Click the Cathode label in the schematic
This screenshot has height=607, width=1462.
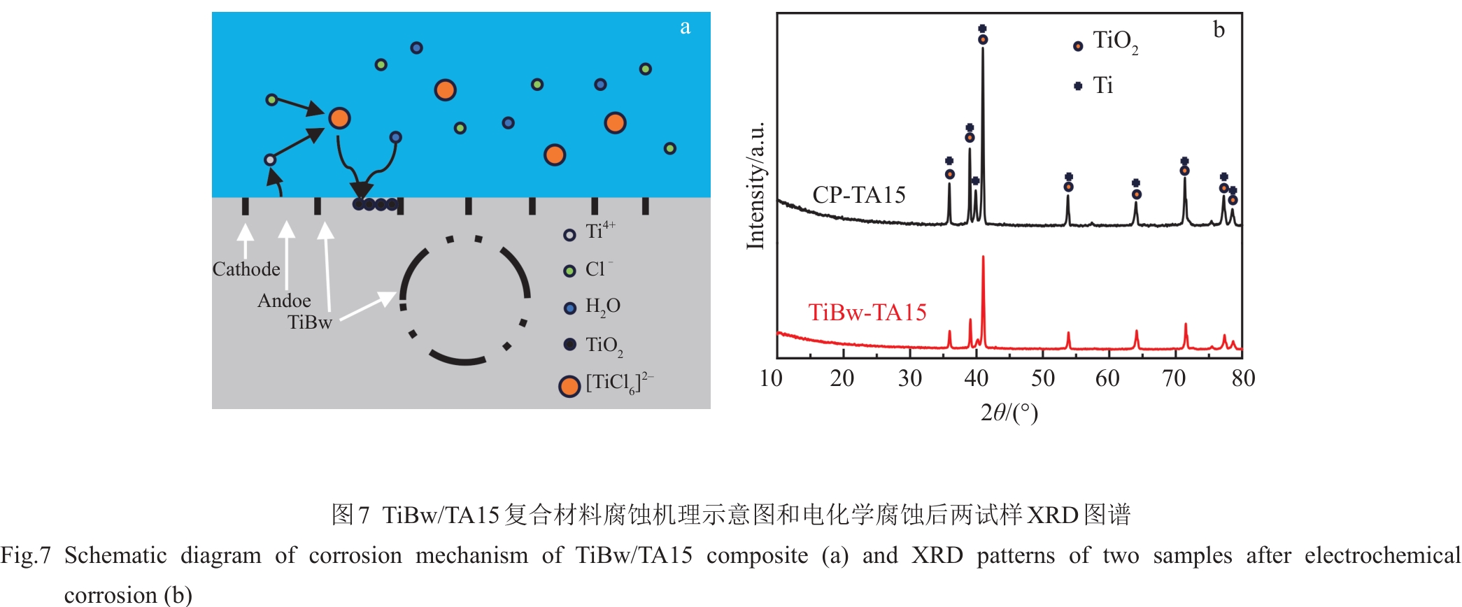pyautogui.click(x=246, y=269)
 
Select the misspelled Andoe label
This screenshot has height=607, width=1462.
pyautogui.click(x=284, y=301)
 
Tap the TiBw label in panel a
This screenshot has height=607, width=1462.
pyautogui.click(x=309, y=322)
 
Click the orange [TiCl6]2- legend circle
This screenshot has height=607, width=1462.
pyautogui.click(x=569, y=386)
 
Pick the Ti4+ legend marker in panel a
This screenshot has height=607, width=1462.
pyautogui.click(x=569, y=235)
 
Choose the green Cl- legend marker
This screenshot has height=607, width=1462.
pyautogui.click(x=569, y=271)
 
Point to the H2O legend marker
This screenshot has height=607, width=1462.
pyautogui.click(x=569, y=308)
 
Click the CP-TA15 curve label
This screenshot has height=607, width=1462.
pyautogui.click(x=858, y=195)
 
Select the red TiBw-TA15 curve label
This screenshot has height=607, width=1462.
pyautogui.click(x=867, y=313)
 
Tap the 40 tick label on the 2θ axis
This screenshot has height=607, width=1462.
pyautogui.click(x=976, y=379)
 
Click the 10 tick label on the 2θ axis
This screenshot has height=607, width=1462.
pyautogui.click(x=771, y=379)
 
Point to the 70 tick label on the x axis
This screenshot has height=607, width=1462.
pyautogui.click(x=1174, y=379)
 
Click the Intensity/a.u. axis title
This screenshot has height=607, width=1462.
pyautogui.click(x=755, y=185)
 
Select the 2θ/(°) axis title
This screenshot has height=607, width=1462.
pyautogui.click(x=1009, y=413)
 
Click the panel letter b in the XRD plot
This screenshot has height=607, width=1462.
pyautogui.click(x=1219, y=30)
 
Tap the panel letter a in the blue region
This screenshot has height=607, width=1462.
pyautogui.click(x=685, y=27)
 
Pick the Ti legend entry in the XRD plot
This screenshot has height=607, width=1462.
pyautogui.click(x=1102, y=85)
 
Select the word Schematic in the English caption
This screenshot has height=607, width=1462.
pyautogui.click(x=115, y=555)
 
